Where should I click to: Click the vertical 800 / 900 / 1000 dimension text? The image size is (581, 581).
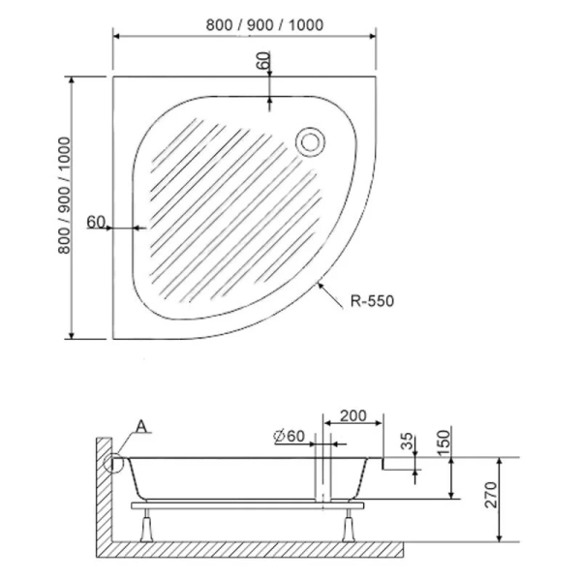(65, 207)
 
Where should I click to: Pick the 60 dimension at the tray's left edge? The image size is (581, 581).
(95, 222)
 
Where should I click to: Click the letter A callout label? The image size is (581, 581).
(142, 426)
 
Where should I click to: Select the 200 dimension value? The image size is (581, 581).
(353, 416)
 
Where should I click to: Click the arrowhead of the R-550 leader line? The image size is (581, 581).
(321, 282)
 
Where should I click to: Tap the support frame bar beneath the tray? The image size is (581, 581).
(242, 505)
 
